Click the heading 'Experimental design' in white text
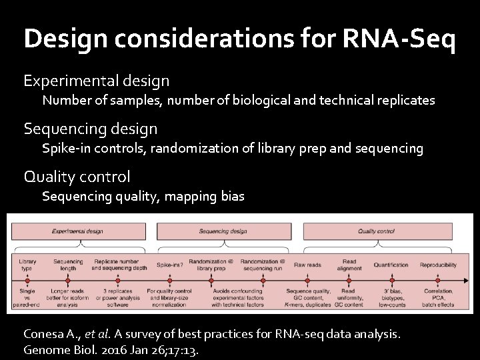point(97,81)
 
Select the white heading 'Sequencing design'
point(91,128)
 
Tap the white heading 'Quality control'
point(77,177)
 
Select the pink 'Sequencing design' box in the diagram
point(223,231)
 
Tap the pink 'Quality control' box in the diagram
point(377,231)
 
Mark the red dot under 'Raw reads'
point(308,280)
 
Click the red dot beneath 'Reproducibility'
point(438,280)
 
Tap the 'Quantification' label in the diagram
point(391,265)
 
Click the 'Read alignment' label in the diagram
point(349,265)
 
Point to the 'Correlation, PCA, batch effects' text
point(438,298)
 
